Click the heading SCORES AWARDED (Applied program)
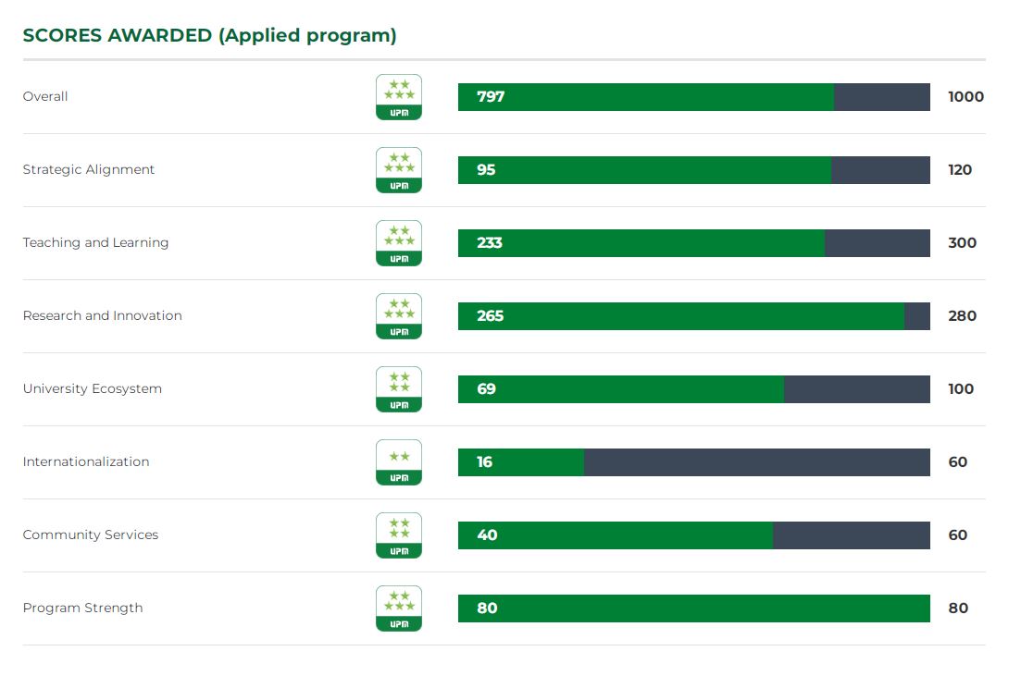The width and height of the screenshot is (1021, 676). (209, 36)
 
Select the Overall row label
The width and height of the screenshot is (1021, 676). (45, 97)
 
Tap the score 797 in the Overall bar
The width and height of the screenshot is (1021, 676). (491, 97)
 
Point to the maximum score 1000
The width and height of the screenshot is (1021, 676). (965, 97)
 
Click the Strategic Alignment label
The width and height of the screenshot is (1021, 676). (89, 170)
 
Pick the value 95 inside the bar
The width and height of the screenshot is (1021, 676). (486, 170)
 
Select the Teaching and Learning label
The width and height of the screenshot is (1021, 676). (95, 243)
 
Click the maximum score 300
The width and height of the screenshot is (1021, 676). (962, 243)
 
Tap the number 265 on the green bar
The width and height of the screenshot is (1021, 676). (491, 316)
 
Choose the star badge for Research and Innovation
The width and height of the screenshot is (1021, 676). (399, 316)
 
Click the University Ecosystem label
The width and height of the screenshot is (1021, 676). (93, 389)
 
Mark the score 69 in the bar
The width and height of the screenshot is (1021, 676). (486, 389)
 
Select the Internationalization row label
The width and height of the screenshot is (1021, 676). (86, 462)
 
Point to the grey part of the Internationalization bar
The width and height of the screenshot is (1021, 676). (756, 462)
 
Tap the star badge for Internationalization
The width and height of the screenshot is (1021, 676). (399, 462)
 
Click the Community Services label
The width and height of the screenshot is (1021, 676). (91, 535)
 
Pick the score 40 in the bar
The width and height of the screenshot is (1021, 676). (487, 535)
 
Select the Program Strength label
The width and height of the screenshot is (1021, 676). (82, 608)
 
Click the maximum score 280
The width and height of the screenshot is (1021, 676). (962, 316)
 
